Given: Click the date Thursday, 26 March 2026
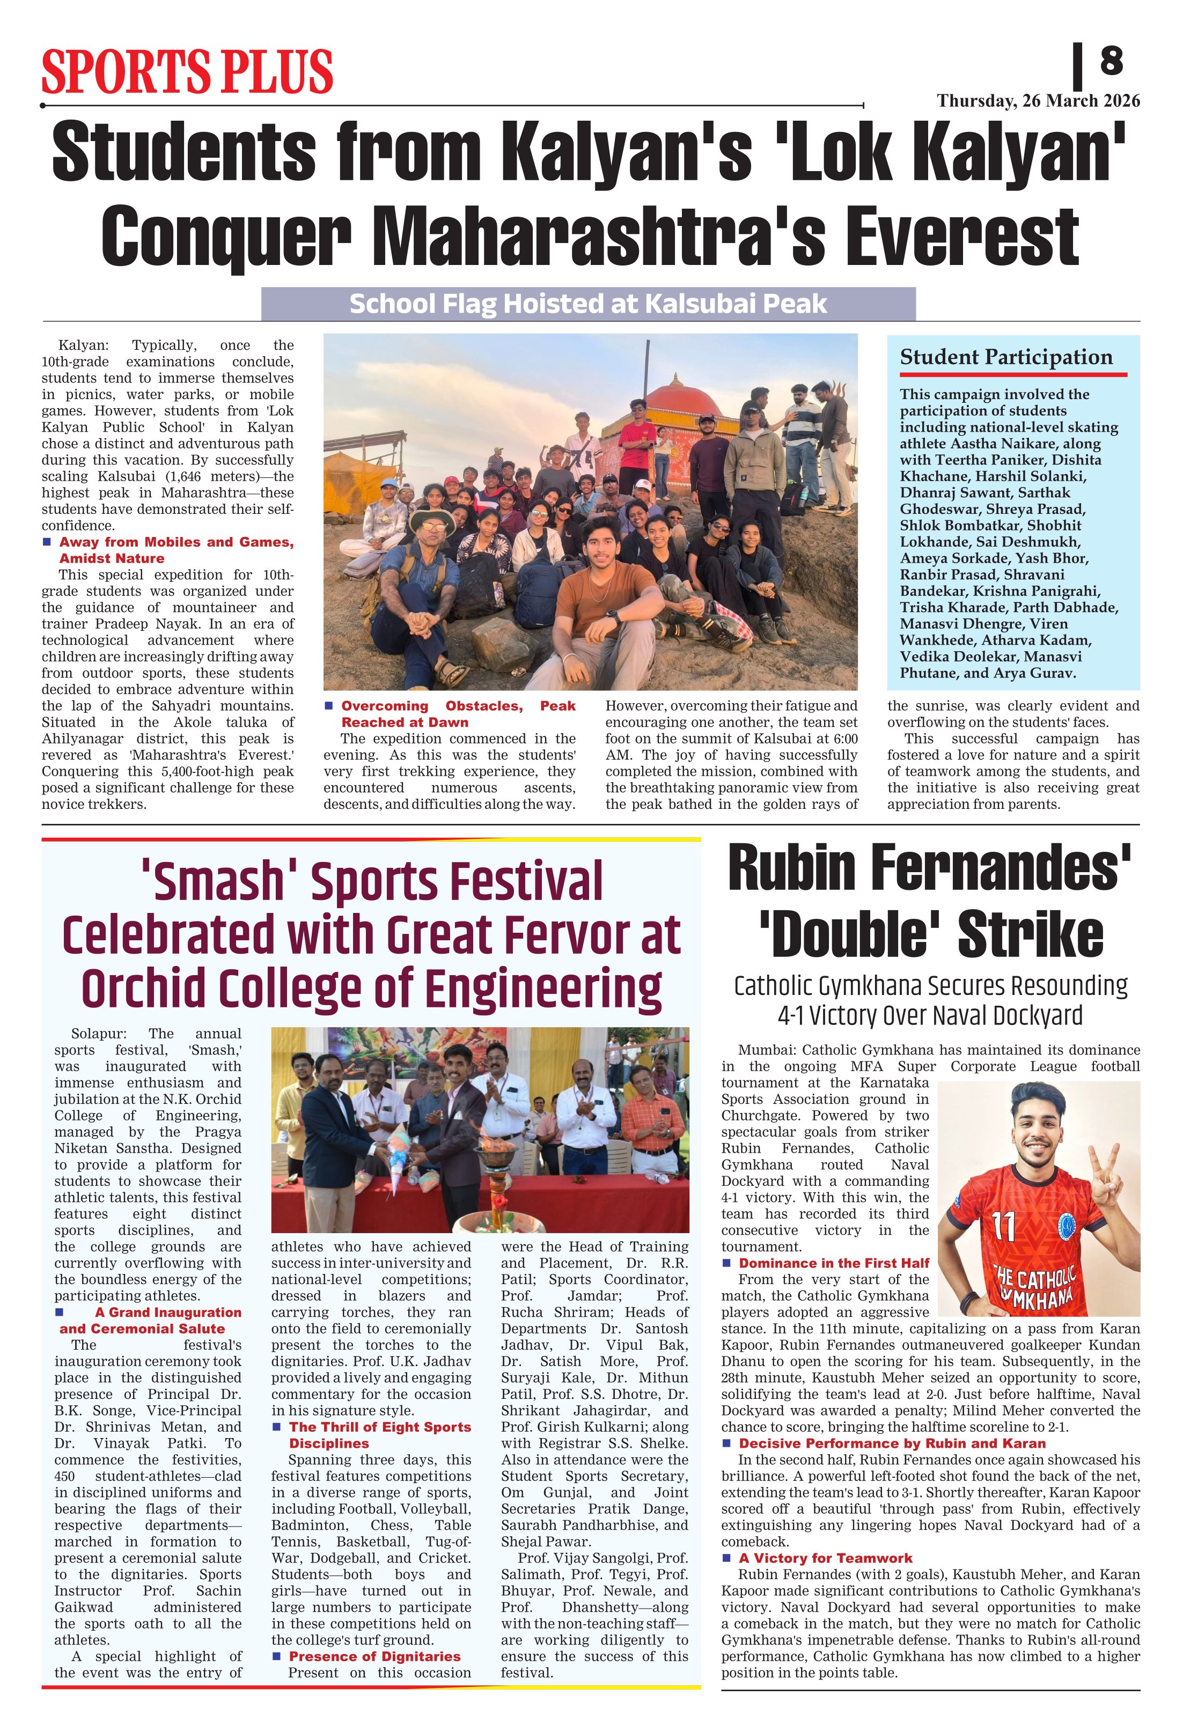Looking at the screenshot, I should point(1038,101).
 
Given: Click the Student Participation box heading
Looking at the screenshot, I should point(1005,357).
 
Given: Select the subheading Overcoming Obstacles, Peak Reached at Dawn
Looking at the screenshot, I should point(458,714).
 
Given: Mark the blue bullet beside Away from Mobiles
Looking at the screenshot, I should point(47,542).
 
